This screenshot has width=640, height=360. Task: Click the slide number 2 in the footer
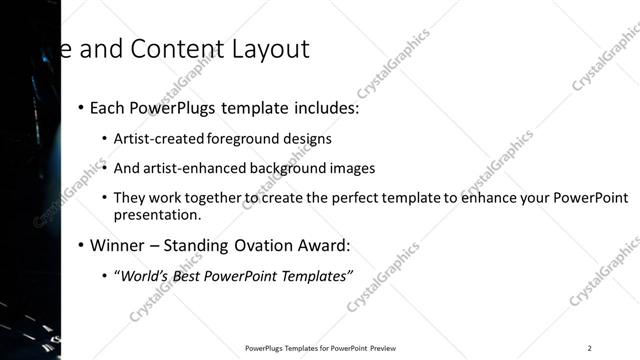click(590, 348)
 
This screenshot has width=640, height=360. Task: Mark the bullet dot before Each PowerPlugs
click(80, 108)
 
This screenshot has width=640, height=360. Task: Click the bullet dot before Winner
click(80, 246)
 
